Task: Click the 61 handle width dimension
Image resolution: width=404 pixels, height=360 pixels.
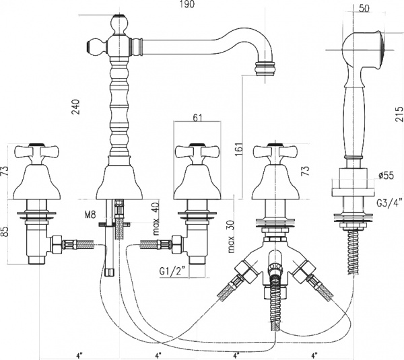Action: click(197, 118)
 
